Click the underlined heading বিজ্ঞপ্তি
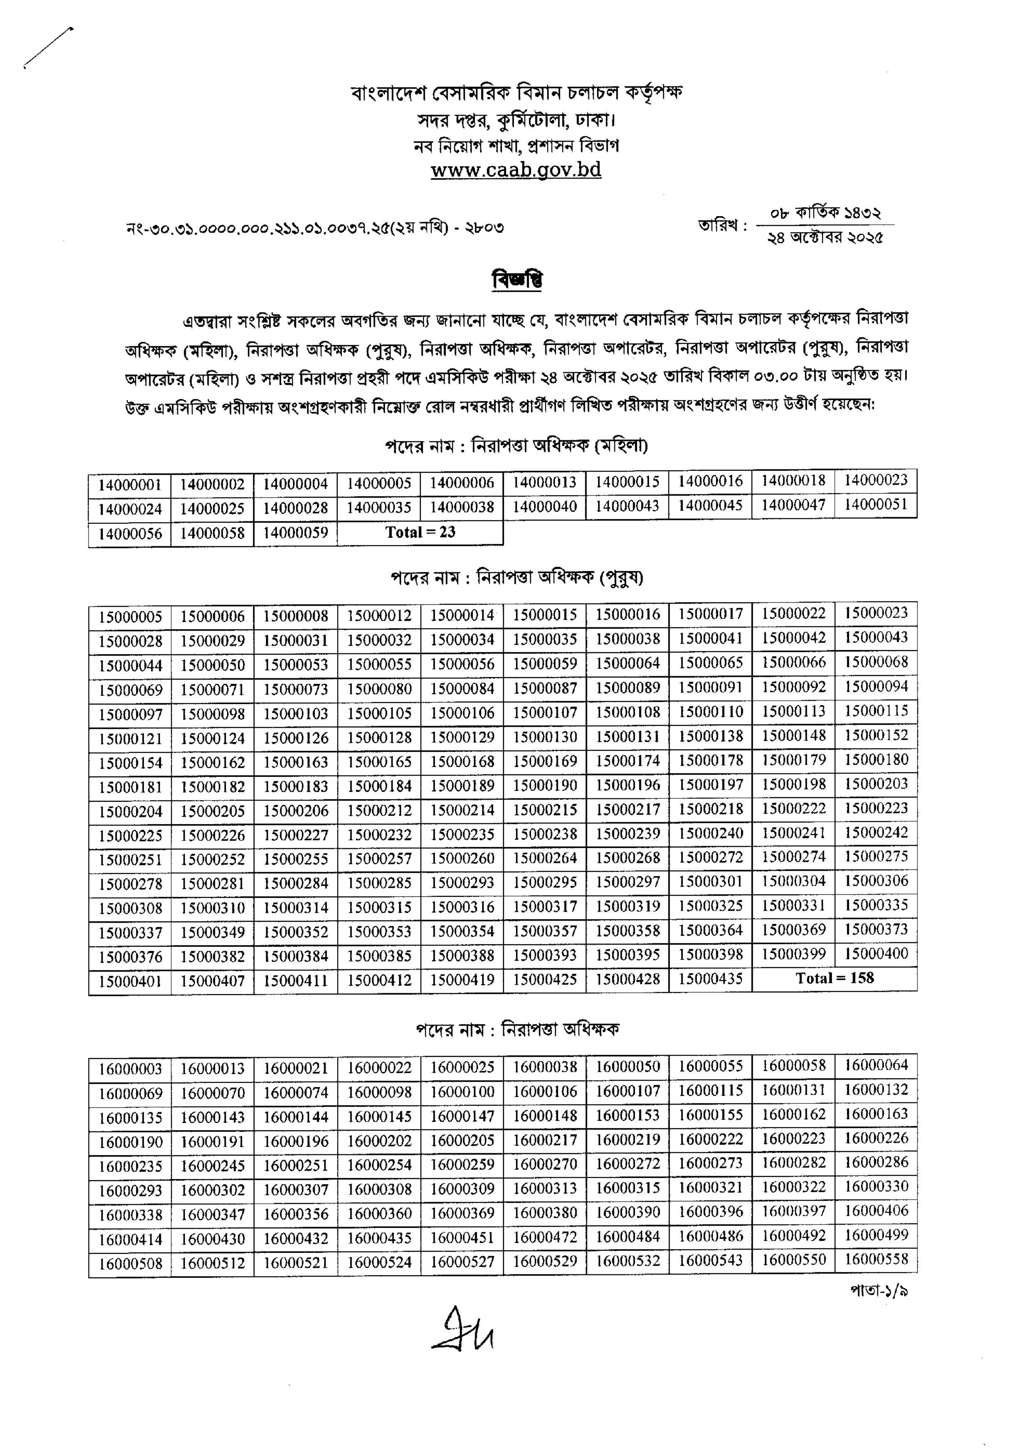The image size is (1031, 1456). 517,280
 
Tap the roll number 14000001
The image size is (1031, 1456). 130,485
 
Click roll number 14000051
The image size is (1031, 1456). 876,505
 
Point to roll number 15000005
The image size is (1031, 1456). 130,616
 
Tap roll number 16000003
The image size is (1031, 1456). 130,1069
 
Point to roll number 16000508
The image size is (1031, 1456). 130,1263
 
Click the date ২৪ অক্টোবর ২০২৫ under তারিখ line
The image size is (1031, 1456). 825,238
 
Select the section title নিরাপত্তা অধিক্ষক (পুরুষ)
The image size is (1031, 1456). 517,577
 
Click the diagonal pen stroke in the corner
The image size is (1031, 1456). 48,46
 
